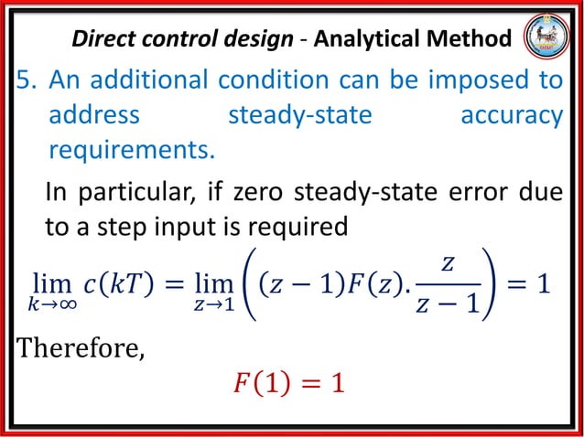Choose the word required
pos(297,226)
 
